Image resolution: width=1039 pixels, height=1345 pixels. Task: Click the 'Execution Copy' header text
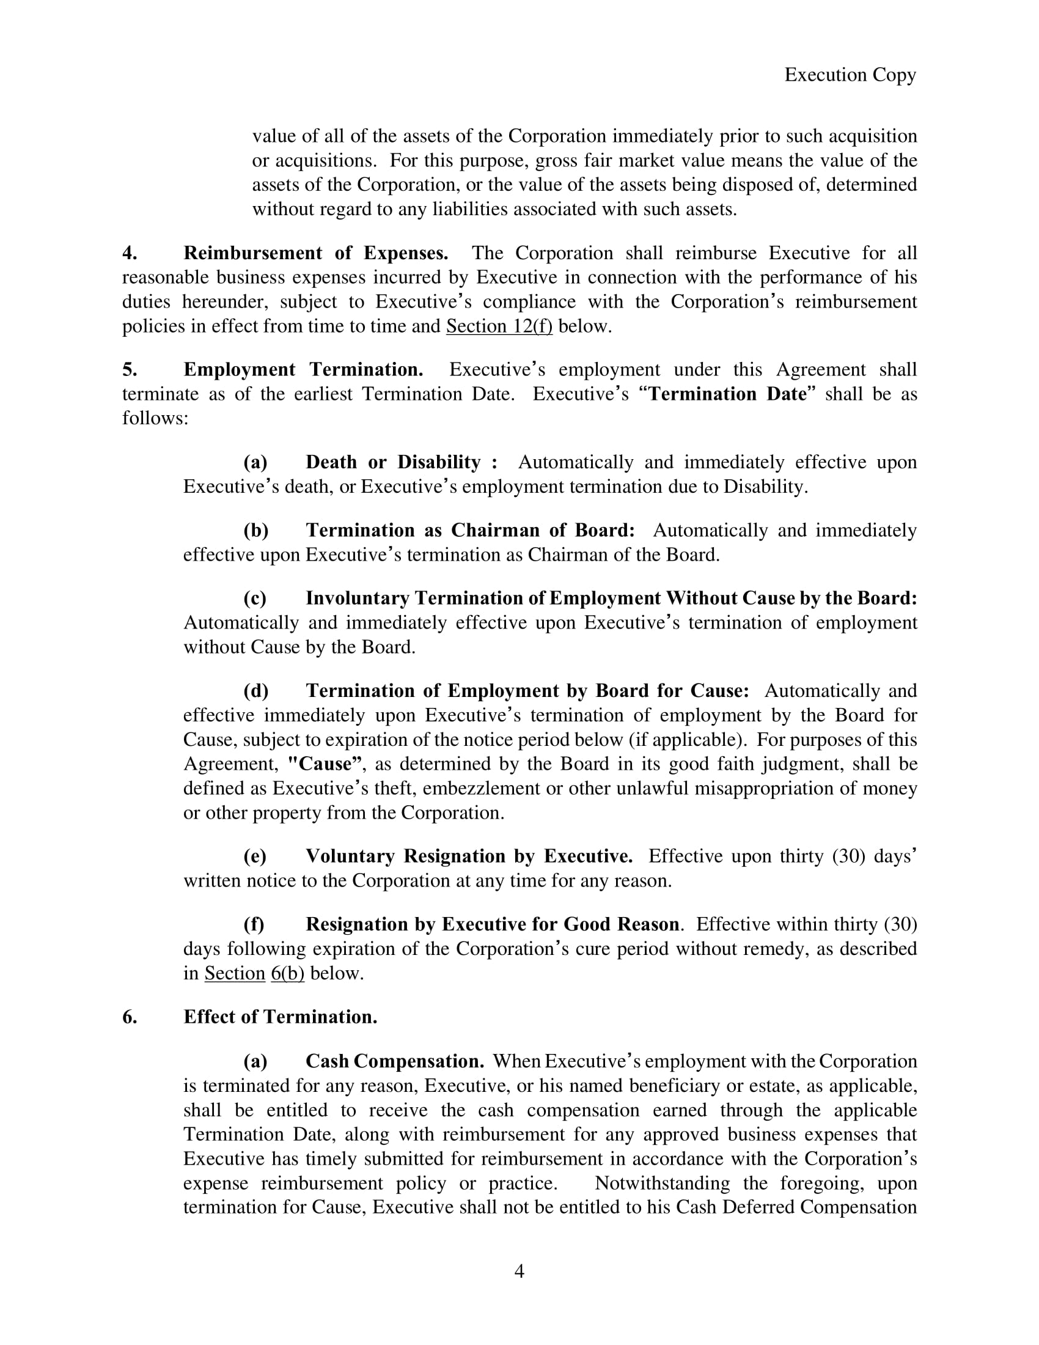pos(850,75)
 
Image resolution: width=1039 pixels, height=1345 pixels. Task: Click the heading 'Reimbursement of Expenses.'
pos(316,253)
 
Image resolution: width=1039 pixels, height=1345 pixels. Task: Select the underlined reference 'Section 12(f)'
pos(499,326)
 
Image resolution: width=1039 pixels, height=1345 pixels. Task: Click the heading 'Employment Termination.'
pos(303,369)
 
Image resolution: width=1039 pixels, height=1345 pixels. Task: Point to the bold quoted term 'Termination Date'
pos(727,394)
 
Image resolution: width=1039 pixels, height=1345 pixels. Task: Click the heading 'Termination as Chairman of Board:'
pos(470,530)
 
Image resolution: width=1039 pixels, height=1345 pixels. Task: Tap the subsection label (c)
pos(255,598)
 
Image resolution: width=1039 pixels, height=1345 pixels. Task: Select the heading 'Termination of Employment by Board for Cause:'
pos(527,690)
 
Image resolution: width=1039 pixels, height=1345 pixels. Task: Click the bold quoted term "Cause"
pos(325,764)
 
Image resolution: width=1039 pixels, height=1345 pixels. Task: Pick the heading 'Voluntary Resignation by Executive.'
pos(469,856)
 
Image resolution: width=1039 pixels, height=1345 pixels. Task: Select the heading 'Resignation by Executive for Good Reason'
pos(493,924)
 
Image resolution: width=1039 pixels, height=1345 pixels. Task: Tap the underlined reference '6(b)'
pos(287,973)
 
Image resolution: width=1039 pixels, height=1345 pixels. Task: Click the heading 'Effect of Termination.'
pos(280,1017)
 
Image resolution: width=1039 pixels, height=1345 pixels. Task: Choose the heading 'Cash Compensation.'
pos(395,1061)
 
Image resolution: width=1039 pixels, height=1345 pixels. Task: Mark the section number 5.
pos(129,369)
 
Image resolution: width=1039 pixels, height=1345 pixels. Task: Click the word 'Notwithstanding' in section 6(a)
pos(663,1183)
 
